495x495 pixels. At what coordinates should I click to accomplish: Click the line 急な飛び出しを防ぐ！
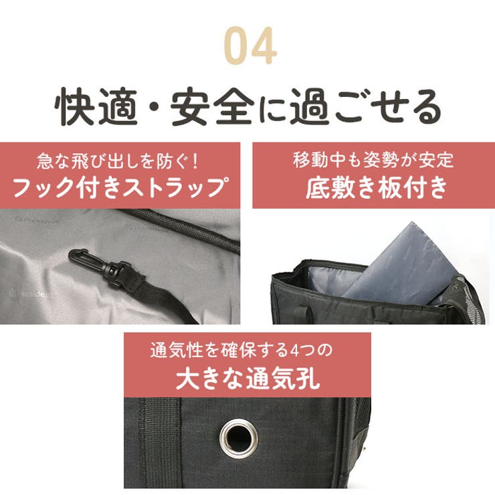click(120, 161)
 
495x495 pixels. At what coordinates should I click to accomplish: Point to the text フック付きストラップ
click(120, 187)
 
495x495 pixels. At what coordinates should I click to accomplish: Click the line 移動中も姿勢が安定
click(373, 161)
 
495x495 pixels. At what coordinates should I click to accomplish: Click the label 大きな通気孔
click(248, 379)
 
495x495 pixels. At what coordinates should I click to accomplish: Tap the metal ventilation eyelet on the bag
click(239, 436)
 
